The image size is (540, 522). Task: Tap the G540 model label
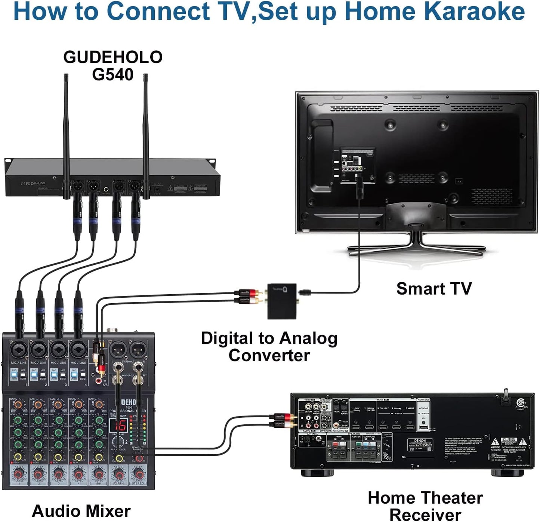tap(112, 74)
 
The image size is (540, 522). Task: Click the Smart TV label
tap(433, 289)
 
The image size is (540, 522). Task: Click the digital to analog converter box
tap(282, 301)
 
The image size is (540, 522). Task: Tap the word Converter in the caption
tap(269, 355)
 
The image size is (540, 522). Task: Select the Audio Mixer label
tap(81, 511)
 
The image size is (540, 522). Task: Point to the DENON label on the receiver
tap(420, 440)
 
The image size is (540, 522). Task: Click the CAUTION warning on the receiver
tap(509, 440)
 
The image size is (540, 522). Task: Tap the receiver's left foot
tap(312, 473)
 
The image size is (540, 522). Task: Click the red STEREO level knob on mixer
tap(138, 474)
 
